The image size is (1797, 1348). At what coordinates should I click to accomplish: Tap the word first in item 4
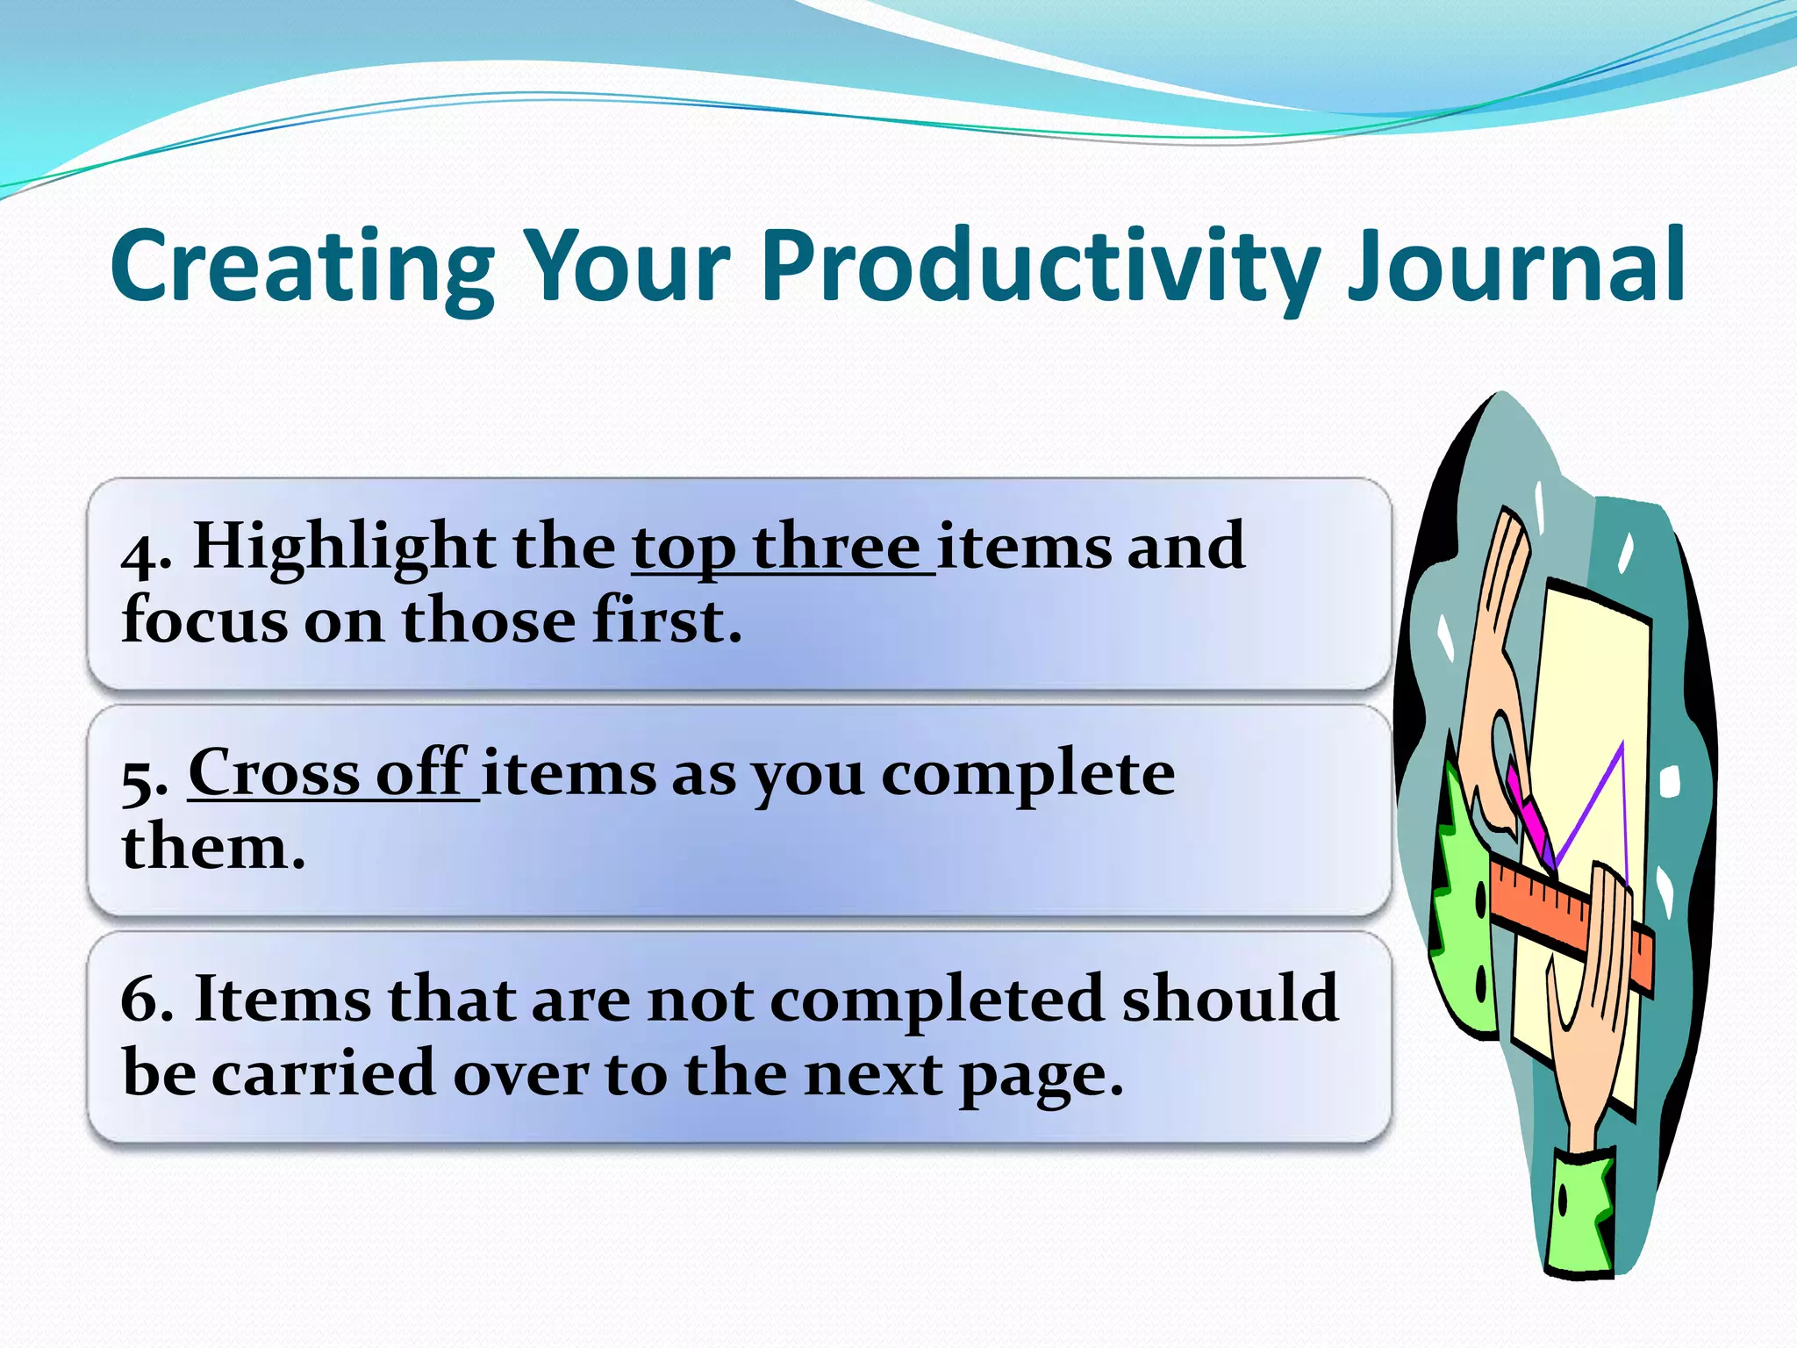click(667, 620)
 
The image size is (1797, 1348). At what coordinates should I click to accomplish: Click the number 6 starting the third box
click(146, 1000)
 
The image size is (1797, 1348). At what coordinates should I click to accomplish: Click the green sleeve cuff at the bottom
click(1579, 1215)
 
